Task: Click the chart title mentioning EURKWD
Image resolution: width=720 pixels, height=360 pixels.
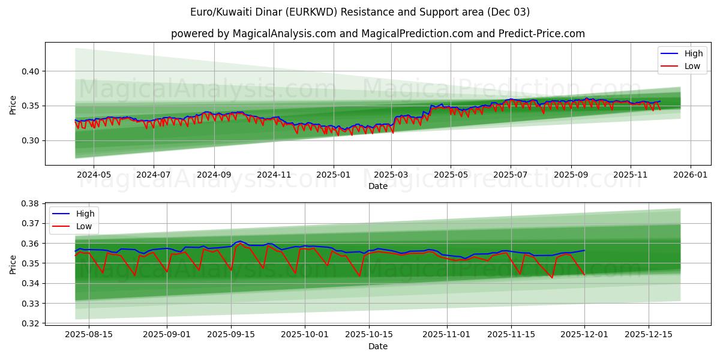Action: pyautogui.click(x=360, y=12)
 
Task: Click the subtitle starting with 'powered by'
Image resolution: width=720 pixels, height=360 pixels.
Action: pyautogui.click(x=378, y=34)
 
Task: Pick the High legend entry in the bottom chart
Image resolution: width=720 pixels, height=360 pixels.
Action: pyautogui.click(x=85, y=214)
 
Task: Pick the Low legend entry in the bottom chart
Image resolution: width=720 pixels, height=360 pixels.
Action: pyautogui.click(x=83, y=226)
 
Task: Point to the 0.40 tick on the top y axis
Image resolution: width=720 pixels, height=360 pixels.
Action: pyautogui.click(x=31, y=71)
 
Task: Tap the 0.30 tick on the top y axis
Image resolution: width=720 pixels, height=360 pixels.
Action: pyautogui.click(x=31, y=140)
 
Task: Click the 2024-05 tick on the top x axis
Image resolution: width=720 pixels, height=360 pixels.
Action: pyautogui.click(x=94, y=174)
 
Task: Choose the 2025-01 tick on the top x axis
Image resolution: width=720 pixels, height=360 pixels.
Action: pyautogui.click(x=333, y=174)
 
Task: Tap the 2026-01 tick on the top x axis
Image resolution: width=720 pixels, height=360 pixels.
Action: pyautogui.click(x=690, y=174)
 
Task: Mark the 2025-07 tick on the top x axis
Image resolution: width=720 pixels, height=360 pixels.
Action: pyautogui.click(x=510, y=174)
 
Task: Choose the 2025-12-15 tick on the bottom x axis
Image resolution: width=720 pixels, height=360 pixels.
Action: pyautogui.click(x=649, y=335)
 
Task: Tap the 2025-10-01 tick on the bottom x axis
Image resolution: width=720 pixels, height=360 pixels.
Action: pyautogui.click(x=305, y=335)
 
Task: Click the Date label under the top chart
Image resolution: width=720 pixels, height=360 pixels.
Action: pyautogui.click(x=378, y=186)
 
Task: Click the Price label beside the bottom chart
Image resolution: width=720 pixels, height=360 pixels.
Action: pyautogui.click(x=13, y=263)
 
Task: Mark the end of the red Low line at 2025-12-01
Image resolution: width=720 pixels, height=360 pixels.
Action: pyautogui.click(x=584, y=275)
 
